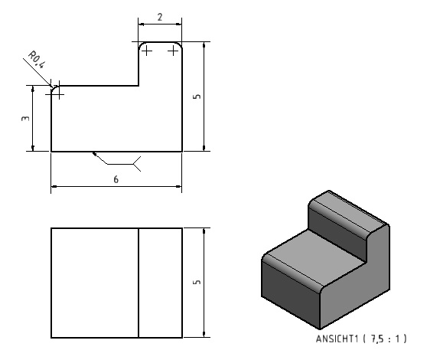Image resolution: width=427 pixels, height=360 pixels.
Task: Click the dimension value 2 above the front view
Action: [x=160, y=17]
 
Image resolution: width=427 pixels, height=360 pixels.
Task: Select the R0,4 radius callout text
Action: [x=37, y=60]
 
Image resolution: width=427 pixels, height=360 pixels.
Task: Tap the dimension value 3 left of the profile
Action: [x=25, y=118]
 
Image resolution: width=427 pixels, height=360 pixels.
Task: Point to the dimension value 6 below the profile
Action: [x=116, y=179]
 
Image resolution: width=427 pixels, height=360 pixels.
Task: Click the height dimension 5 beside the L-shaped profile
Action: [x=197, y=97]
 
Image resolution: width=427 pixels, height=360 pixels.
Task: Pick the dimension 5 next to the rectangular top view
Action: [x=197, y=282]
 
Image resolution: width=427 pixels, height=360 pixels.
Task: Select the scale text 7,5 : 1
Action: [x=387, y=339]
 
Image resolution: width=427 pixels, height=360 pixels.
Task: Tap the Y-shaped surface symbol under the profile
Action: [x=137, y=164]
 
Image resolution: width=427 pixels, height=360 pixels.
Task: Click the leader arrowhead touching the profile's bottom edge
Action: [x=94, y=154]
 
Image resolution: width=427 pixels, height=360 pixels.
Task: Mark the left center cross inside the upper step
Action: [x=147, y=51]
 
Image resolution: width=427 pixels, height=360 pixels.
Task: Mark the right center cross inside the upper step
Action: [x=173, y=51]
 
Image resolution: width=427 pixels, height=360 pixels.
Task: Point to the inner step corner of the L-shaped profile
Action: [x=139, y=86]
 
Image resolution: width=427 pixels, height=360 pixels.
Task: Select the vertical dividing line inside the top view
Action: [x=139, y=283]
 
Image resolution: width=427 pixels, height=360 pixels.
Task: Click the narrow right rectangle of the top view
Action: [x=161, y=283]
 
